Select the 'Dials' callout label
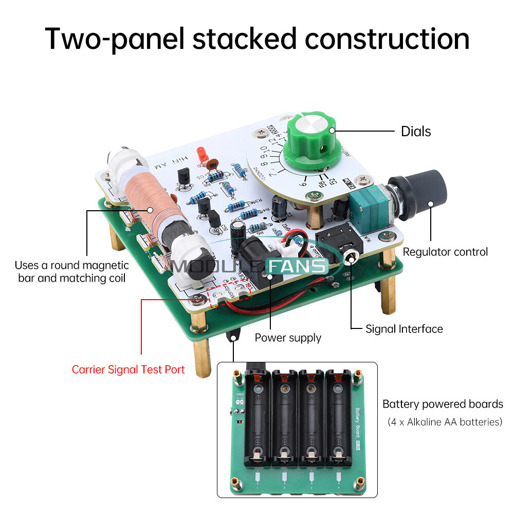(416, 132)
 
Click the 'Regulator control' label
(445, 252)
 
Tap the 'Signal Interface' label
(404, 329)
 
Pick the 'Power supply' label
(288, 338)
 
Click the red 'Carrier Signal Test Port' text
(128, 370)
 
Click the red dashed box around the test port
(228, 295)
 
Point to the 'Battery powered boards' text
(443, 404)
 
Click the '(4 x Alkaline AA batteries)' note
(445, 422)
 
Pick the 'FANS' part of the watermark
(297, 266)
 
